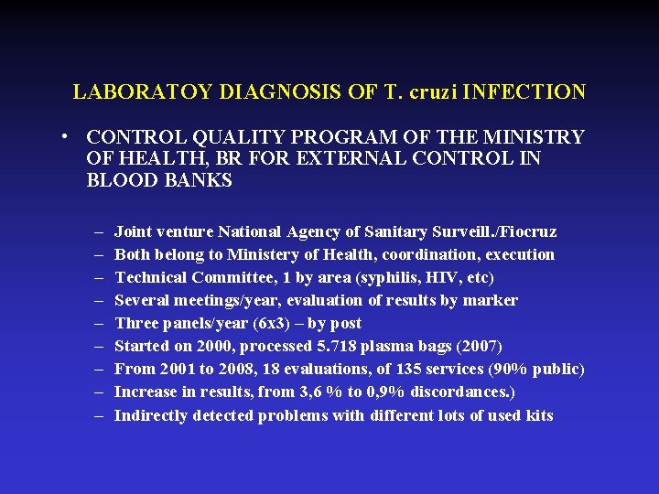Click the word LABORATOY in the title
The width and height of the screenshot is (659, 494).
129,92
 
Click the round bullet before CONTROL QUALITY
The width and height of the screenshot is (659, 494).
69,137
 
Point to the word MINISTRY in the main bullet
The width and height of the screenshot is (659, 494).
539,137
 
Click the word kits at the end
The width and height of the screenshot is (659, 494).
538,416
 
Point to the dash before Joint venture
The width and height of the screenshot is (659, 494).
99,232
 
